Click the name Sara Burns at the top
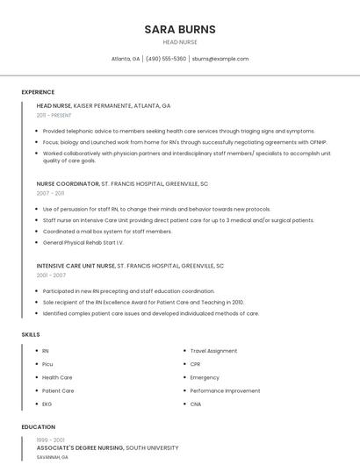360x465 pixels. tap(180, 29)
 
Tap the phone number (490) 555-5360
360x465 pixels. tap(166, 59)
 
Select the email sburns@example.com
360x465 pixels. tap(220, 59)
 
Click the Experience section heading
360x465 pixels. tap(38, 91)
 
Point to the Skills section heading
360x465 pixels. tap(31, 334)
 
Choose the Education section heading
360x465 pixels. tap(38, 427)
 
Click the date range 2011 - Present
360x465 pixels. tap(54, 115)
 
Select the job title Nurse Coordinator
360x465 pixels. tap(68, 184)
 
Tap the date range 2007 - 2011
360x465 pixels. tap(50, 193)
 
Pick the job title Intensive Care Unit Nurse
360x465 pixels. tap(76, 265)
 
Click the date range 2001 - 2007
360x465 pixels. tap(51, 275)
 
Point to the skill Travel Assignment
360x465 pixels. tap(213, 351)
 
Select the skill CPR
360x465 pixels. tap(195, 364)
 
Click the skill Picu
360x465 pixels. tap(47, 364)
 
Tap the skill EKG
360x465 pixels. tap(47, 404)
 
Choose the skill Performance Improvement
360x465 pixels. tap(225, 390)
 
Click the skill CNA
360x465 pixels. tap(195, 404)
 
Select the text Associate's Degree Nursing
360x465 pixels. tap(80, 447)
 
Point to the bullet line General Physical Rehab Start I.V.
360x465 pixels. tap(83, 242)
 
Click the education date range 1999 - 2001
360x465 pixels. tap(50, 440)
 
